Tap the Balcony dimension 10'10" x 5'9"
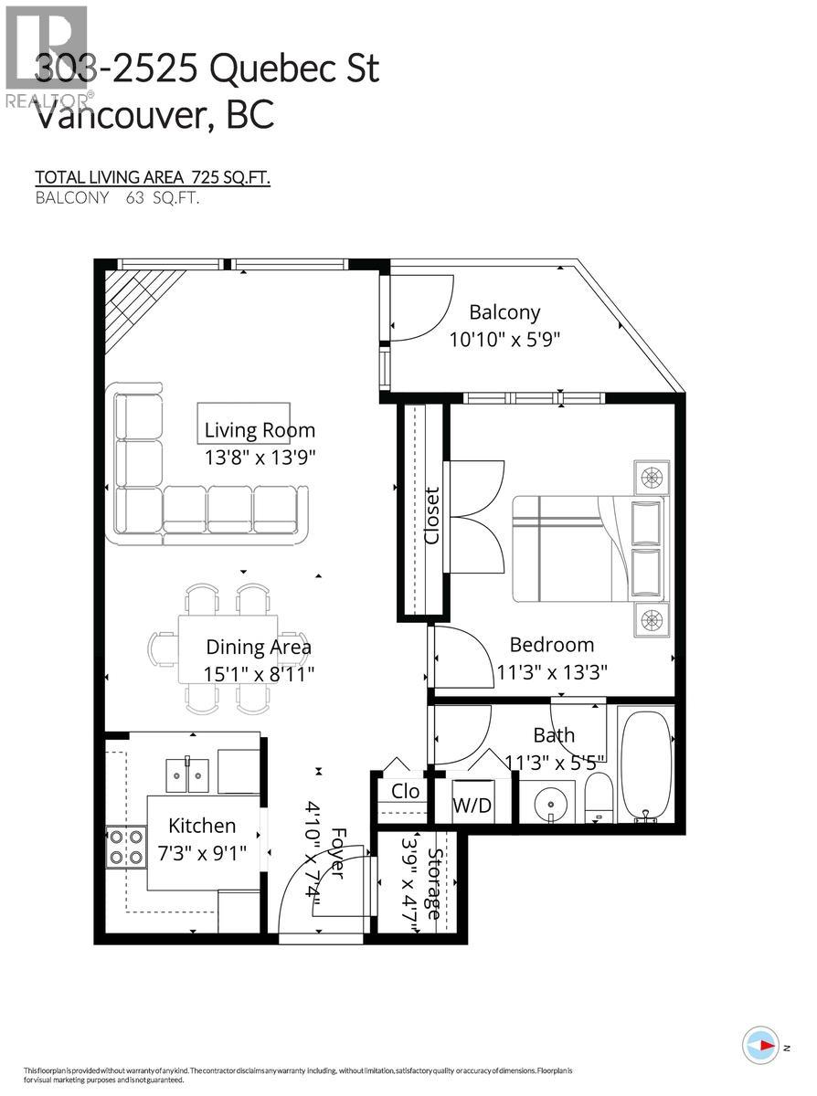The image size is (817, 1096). (x=504, y=340)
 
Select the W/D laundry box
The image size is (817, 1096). (x=472, y=806)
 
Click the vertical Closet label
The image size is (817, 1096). (x=431, y=516)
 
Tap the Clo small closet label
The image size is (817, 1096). (x=405, y=791)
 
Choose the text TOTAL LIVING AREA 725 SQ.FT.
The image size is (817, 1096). (x=153, y=177)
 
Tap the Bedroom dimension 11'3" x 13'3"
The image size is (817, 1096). (x=553, y=672)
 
